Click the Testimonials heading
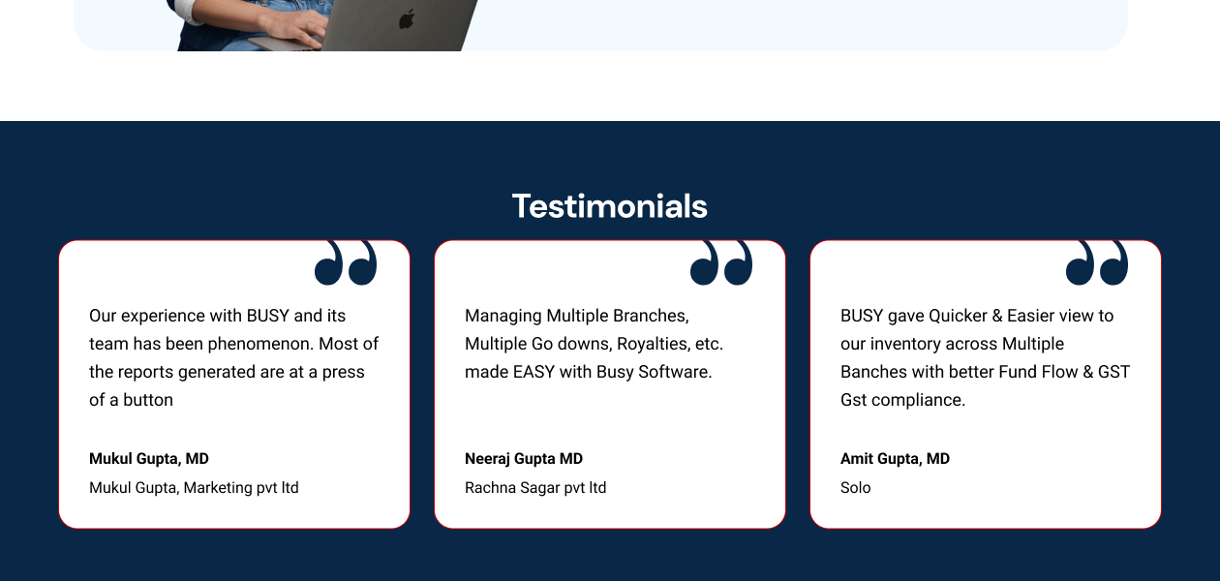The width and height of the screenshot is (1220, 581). [609, 206]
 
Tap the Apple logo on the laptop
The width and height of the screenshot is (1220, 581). [407, 19]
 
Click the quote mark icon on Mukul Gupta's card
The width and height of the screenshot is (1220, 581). [346, 262]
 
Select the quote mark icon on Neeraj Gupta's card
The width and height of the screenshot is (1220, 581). [721, 262]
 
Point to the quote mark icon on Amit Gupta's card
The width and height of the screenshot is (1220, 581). [1097, 262]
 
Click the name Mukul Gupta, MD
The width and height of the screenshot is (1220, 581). [149, 458]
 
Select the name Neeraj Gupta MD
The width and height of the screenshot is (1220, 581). [524, 458]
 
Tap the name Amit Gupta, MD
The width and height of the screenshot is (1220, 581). [895, 458]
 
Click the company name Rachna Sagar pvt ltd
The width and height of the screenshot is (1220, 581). [535, 487]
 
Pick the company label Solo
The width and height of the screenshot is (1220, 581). [856, 487]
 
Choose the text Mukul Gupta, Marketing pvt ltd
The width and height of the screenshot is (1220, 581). [194, 487]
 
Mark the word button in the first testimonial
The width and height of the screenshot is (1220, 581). [148, 400]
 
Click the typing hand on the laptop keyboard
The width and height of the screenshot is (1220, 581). [294, 27]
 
